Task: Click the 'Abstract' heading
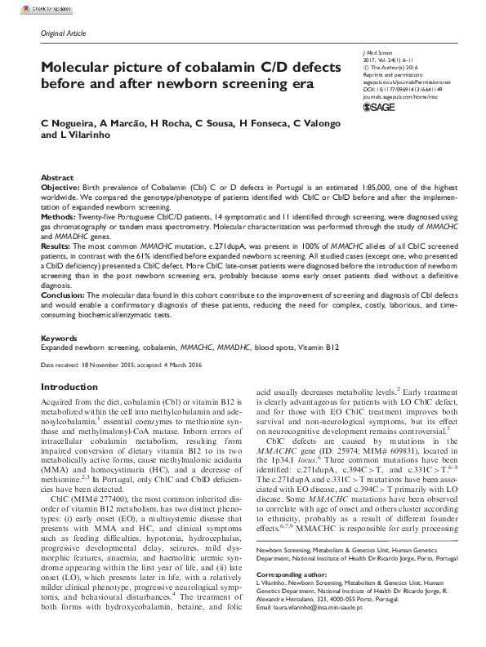coord(56,177)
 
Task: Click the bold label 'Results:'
coord(57,243)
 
